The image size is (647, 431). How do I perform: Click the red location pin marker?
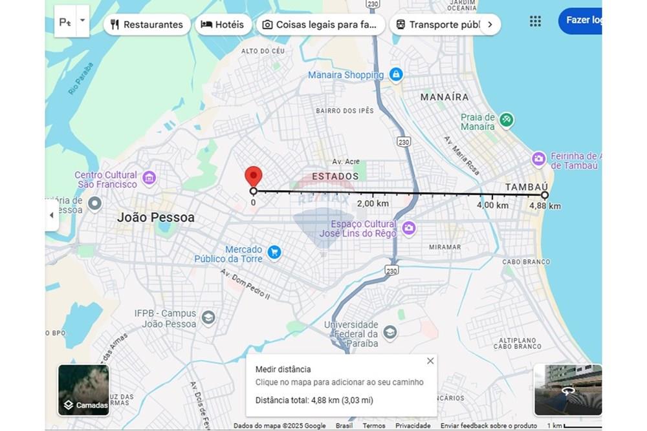click(x=253, y=176)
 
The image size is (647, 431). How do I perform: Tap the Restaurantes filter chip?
click(x=147, y=25)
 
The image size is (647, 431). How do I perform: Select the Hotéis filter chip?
click(x=223, y=25)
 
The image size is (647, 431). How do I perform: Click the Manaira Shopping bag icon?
click(x=396, y=75)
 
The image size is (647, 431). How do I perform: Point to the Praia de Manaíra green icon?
click(x=507, y=120)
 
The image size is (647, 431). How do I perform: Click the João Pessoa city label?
click(x=155, y=218)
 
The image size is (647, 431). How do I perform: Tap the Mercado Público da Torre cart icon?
click(x=274, y=252)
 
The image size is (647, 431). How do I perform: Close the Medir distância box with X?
click(x=430, y=361)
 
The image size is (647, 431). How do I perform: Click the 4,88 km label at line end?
click(x=545, y=206)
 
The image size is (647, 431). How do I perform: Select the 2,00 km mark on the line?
click(x=373, y=204)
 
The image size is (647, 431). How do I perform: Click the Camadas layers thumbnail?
click(x=83, y=390)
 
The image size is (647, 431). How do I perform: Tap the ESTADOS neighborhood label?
click(x=335, y=176)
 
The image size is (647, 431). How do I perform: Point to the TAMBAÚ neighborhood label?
click(x=526, y=187)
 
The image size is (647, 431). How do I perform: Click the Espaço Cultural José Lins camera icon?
click(x=408, y=227)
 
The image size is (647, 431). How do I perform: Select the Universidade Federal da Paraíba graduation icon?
click(x=389, y=333)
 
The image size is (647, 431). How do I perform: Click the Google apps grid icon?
click(x=535, y=21)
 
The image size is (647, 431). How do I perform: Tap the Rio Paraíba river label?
click(x=81, y=79)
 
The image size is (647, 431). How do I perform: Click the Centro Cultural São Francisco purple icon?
click(x=149, y=177)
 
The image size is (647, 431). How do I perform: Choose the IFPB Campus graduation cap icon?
click(x=208, y=317)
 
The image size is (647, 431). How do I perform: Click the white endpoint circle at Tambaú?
click(x=545, y=194)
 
